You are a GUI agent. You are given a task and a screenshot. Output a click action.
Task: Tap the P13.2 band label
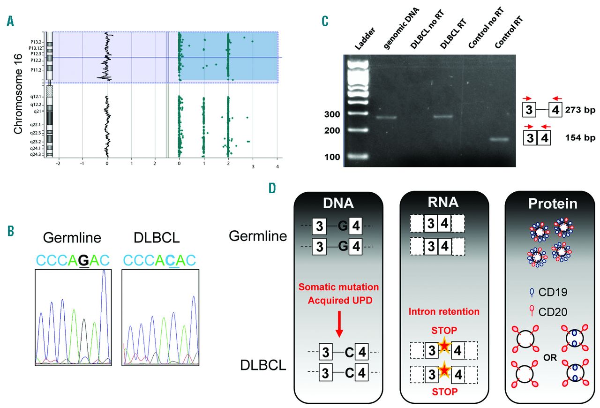(34, 42)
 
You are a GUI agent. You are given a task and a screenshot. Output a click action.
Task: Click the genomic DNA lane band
(386, 117)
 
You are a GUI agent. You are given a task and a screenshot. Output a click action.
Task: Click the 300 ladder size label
(333, 114)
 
